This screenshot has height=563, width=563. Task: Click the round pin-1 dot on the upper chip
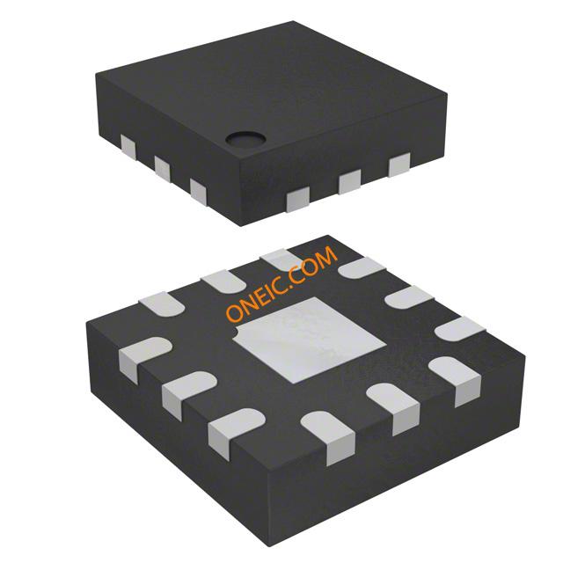pos(245,139)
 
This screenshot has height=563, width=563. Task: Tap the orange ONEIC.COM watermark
pos(282,283)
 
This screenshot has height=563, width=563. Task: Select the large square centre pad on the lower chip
pos(310,339)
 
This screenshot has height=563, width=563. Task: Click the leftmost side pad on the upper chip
pos(128,147)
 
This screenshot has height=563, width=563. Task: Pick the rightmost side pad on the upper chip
pos(399,165)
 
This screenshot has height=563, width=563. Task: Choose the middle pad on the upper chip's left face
pos(162,168)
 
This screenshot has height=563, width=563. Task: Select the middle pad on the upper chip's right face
pos(350,182)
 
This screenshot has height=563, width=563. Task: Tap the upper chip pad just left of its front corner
pos(199,193)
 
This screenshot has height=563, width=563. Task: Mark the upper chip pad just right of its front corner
pos(298,200)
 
